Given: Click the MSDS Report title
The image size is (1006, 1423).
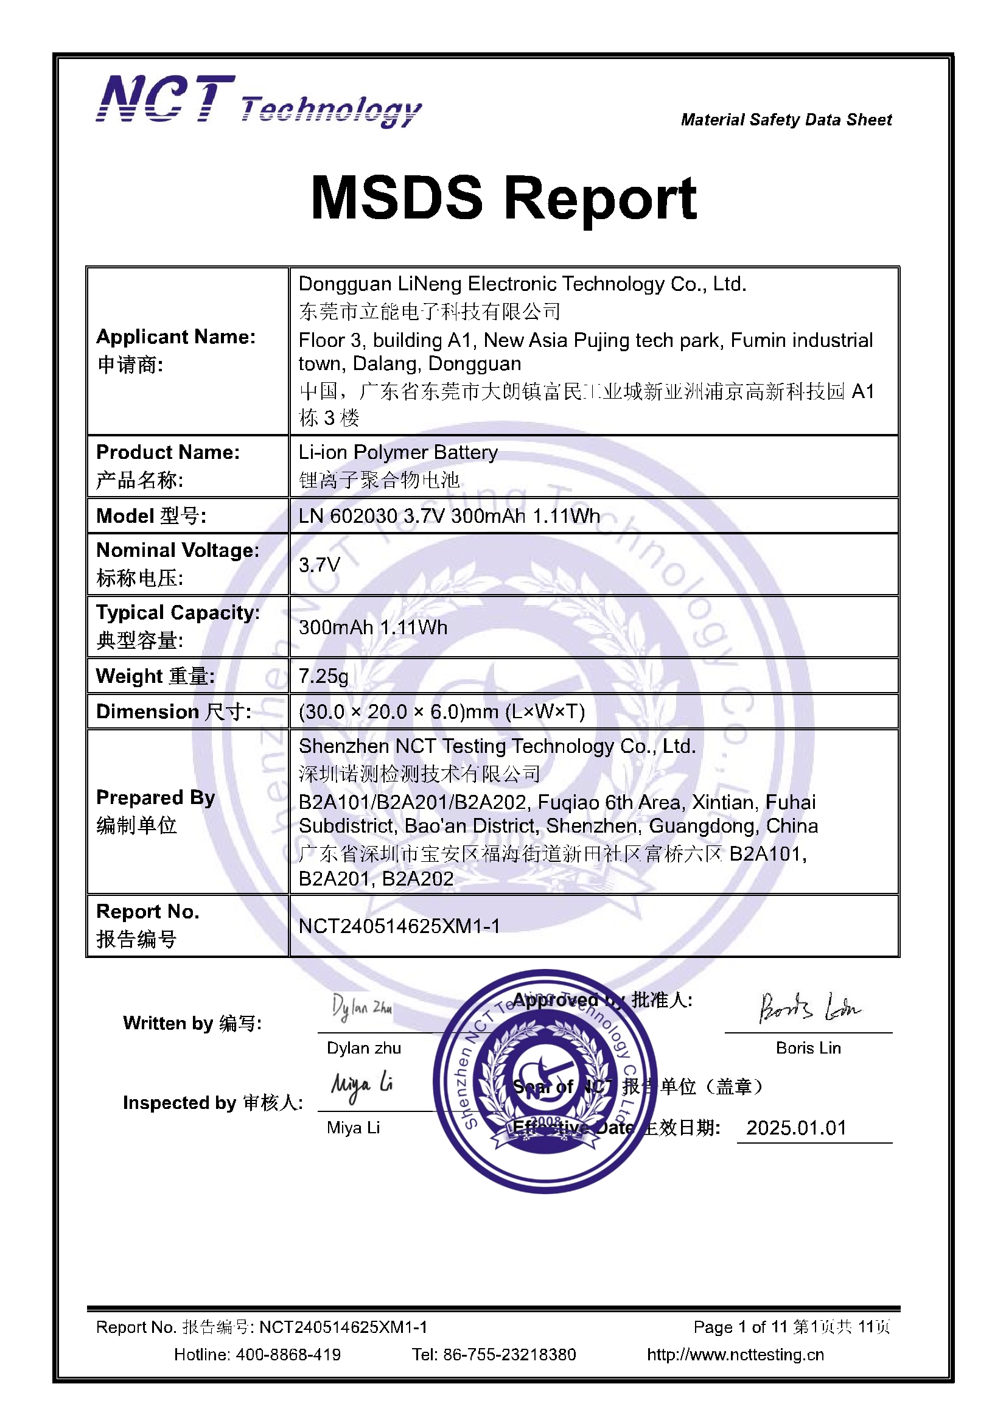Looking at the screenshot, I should [x=503, y=198].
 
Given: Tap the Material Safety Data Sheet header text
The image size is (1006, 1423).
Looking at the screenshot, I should [x=786, y=120].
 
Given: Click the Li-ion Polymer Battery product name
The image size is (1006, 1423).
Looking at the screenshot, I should [x=398, y=452].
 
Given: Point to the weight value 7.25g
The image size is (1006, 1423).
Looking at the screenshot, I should [x=323, y=676].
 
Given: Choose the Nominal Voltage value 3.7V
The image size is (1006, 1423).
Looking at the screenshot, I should [x=320, y=565].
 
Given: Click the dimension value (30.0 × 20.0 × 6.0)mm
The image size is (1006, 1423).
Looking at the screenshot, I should [x=441, y=711].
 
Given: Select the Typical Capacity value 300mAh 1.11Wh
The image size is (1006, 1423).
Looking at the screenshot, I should [x=372, y=628].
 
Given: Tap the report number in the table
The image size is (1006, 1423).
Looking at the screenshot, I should [x=399, y=926].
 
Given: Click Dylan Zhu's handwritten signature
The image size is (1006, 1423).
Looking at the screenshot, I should [x=362, y=1008].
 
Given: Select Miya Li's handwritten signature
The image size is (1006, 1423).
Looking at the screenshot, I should [x=362, y=1085].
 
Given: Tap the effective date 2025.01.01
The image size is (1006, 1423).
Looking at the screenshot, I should [x=796, y=1128].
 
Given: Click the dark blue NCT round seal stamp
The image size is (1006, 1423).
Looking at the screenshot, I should [x=545, y=1082].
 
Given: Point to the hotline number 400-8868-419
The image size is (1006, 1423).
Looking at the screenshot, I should [x=288, y=1354].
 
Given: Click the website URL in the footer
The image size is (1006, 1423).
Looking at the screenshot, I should [x=735, y=1354].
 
